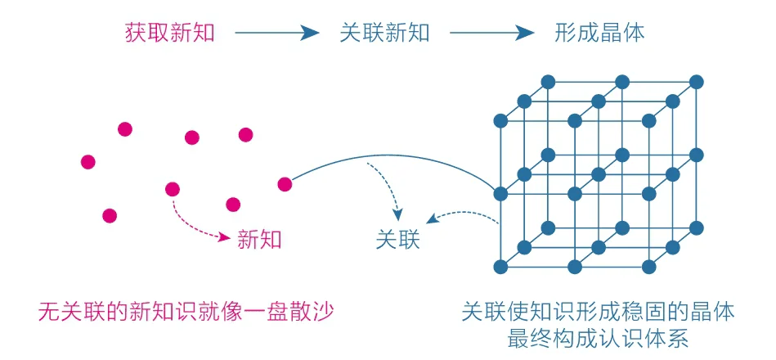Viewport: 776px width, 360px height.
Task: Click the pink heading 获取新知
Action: coord(168,33)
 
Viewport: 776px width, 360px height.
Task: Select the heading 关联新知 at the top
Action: coord(384,33)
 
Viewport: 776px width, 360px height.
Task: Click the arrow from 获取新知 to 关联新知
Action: coord(276,33)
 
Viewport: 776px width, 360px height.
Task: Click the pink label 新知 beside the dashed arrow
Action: coord(259,239)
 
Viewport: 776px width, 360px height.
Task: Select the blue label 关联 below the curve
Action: coord(397,240)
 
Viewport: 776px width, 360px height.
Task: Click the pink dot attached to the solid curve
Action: coord(285,184)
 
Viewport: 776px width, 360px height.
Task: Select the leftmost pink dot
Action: coord(88,162)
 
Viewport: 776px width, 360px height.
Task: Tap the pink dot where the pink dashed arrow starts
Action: coord(172,190)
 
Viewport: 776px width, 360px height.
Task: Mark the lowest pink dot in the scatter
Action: coord(110,216)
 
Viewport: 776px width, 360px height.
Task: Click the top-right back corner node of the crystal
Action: coord(697,82)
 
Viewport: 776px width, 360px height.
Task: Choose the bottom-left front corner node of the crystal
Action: coord(500,266)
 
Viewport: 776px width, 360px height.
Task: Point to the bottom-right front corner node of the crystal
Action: coord(648,266)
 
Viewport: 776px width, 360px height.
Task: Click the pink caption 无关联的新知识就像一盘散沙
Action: coord(187,312)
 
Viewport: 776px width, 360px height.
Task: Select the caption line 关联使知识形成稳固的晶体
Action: coord(598,312)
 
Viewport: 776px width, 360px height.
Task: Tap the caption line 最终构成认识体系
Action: coord(598,337)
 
